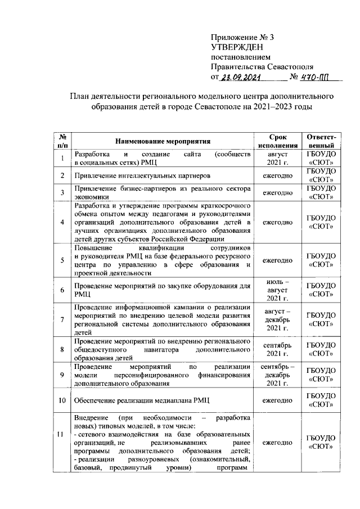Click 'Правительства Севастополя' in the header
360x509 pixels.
point(258,67)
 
